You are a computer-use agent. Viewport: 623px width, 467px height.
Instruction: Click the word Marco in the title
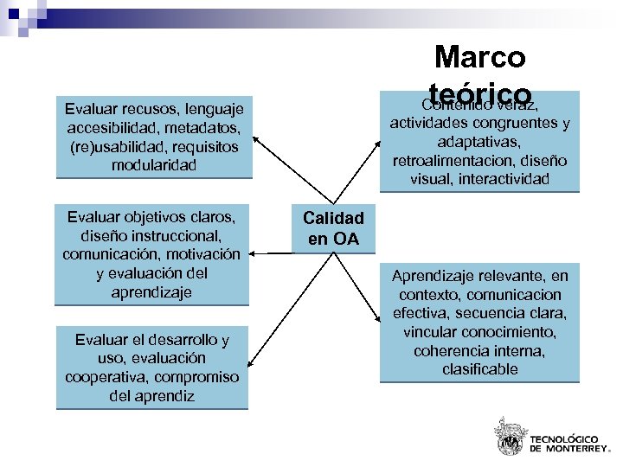point(479,57)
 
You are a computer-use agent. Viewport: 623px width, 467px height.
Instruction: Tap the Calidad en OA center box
point(333,228)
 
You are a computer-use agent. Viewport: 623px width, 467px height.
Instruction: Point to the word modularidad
point(154,163)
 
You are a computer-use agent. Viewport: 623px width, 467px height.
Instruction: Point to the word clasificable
point(479,369)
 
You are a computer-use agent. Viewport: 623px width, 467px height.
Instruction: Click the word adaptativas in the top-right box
point(479,142)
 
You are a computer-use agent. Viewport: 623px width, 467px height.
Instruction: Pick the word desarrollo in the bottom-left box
point(181,339)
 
